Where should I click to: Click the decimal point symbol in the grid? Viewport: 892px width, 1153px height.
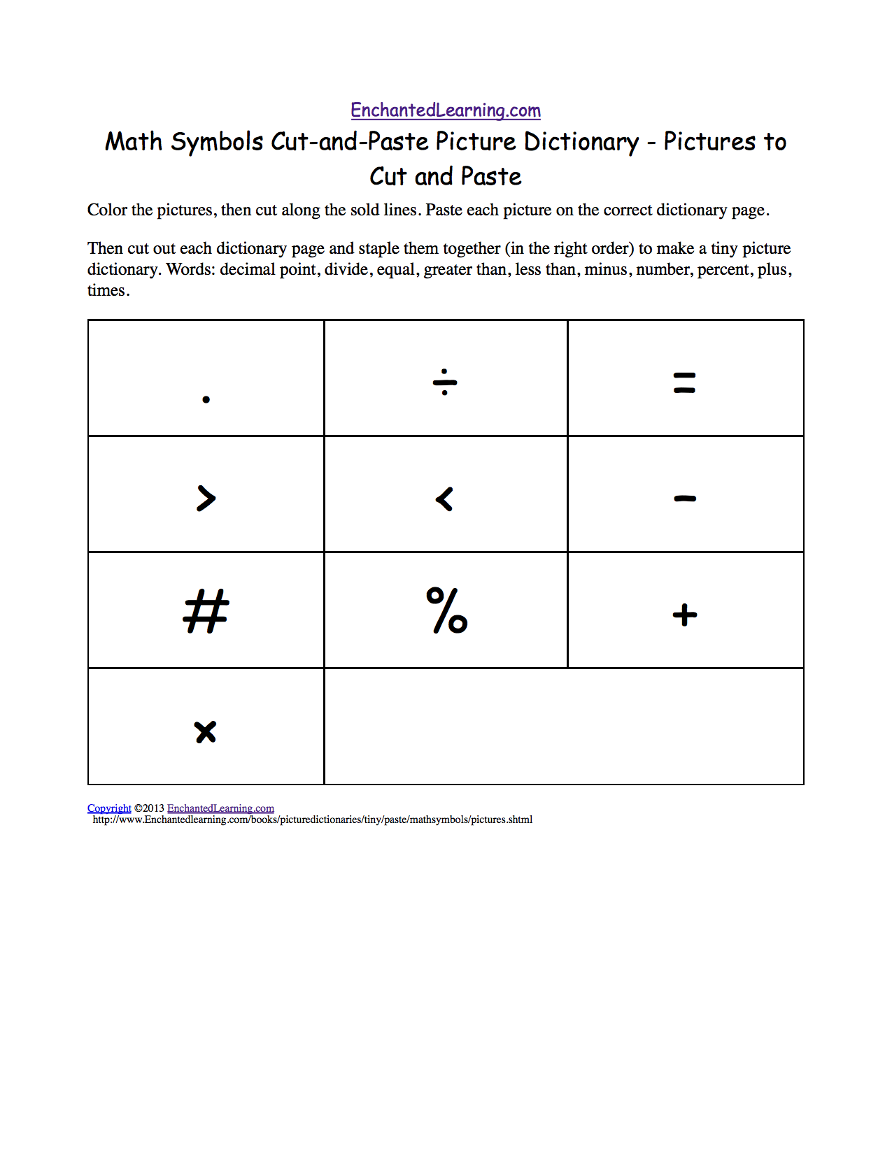[x=206, y=399]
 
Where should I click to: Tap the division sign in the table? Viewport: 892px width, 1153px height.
[x=445, y=382]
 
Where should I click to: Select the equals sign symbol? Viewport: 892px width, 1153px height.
[x=684, y=382]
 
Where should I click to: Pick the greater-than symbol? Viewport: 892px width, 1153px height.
[x=206, y=499]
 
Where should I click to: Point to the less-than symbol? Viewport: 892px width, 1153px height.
[x=445, y=499]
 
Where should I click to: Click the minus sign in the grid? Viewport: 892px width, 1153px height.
[x=684, y=499]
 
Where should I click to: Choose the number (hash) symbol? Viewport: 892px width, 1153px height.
[x=206, y=612]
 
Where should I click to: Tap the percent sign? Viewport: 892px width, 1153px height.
[x=447, y=610]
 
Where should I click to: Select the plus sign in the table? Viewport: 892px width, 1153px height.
[x=684, y=615]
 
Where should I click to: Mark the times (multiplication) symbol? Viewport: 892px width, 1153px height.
[x=206, y=732]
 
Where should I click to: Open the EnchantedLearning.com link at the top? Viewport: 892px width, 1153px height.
[x=446, y=110]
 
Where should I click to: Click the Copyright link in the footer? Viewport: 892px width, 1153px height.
[x=109, y=808]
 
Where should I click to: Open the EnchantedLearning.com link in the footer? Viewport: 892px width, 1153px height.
[x=220, y=808]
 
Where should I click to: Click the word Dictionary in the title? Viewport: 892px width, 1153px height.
[x=581, y=142]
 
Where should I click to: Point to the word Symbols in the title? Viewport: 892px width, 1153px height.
[x=217, y=142]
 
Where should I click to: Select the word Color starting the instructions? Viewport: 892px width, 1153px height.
[x=106, y=210]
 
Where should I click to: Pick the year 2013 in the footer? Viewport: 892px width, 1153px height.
[x=153, y=808]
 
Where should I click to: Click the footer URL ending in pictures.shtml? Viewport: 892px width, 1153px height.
[x=313, y=819]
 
